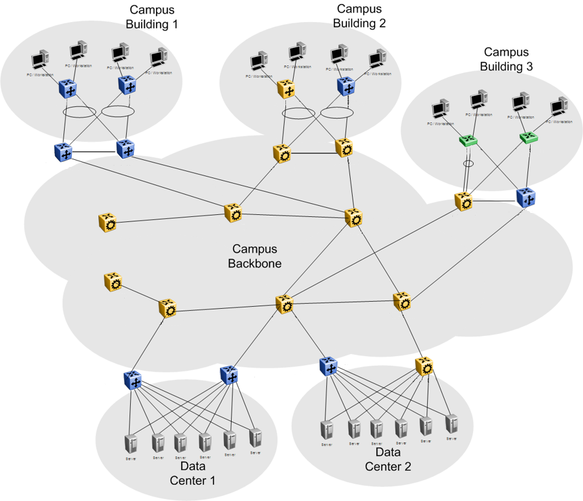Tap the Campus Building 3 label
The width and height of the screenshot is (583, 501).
[506, 58]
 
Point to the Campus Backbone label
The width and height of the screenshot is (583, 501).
[254, 256]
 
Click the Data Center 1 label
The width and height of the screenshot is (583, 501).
[192, 473]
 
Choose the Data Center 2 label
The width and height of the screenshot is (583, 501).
[388, 459]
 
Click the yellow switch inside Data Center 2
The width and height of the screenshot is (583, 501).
[426, 367]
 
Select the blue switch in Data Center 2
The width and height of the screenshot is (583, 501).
[329, 366]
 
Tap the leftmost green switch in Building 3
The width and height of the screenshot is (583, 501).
[467, 140]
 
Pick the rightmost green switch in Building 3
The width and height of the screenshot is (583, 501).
[529, 138]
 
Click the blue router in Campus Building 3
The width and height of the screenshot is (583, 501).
[526, 197]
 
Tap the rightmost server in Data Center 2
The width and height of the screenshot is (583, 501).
[452, 424]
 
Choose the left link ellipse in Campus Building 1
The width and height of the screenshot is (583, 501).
[80, 112]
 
